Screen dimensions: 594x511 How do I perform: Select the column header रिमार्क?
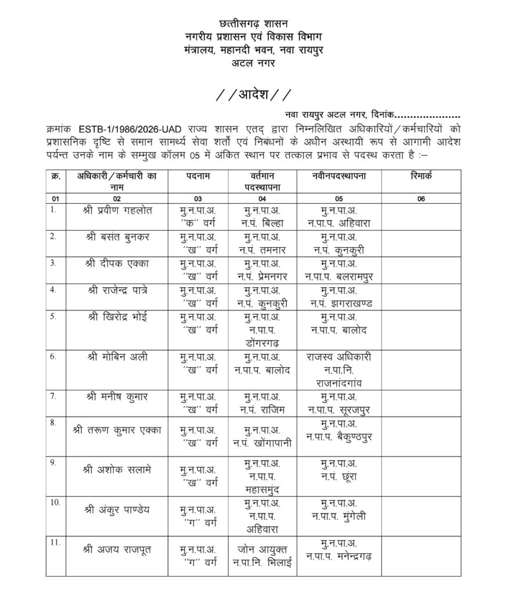point(420,175)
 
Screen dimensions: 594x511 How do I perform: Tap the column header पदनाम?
point(198,175)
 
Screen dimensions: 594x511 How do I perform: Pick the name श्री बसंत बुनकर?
point(117,236)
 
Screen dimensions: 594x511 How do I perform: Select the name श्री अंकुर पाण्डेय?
point(117,509)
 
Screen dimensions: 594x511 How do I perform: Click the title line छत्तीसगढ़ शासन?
point(255,24)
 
